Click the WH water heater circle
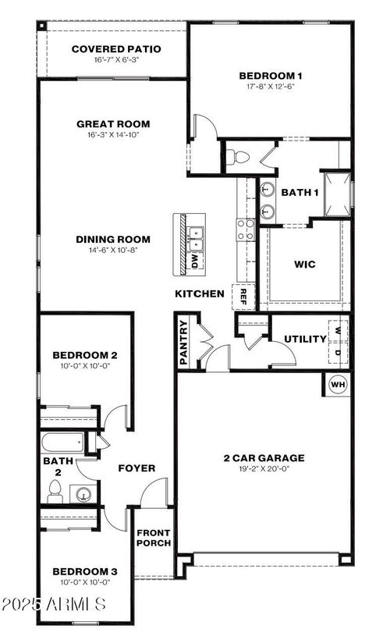point(338,384)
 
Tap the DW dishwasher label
point(195,261)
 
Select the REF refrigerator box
point(243,296)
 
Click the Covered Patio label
point(116,49)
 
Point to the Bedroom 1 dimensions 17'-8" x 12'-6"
point(270,87)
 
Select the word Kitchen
point(200,294)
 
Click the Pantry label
point(184,342)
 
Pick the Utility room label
point(305,340)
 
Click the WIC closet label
point(305,265)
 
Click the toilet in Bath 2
point(55,491)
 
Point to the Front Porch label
point(154,539)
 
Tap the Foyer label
point(136,468)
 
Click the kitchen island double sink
point(196,232)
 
